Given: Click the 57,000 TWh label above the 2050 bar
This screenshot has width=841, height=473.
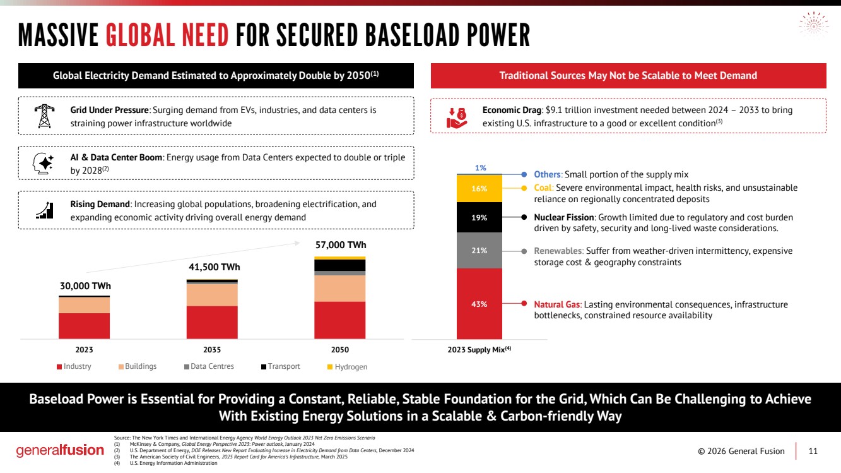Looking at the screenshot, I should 340,245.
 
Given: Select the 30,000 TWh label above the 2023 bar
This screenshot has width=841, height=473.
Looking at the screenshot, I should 85,285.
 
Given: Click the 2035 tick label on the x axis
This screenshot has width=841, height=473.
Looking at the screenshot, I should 212,349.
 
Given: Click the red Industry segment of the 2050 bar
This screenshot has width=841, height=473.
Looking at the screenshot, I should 340,320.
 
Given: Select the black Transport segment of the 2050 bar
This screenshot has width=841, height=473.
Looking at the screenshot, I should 340,265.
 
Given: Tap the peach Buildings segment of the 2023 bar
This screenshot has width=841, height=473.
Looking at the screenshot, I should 85,305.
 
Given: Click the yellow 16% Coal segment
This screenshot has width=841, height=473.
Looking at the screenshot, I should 479,188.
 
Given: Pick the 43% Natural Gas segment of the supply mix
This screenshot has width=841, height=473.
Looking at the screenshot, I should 479,304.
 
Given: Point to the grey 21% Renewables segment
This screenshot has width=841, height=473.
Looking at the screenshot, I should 479,251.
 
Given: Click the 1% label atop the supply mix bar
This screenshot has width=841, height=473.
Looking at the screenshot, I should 480,168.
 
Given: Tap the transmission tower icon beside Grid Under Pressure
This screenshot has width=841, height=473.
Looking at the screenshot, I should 44,116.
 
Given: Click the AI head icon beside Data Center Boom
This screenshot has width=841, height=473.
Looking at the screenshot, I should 44,163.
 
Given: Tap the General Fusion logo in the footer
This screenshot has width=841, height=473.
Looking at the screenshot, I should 60,451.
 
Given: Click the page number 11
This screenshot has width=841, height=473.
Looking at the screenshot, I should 813,451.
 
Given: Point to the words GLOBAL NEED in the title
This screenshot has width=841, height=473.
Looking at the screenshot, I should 167,36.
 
